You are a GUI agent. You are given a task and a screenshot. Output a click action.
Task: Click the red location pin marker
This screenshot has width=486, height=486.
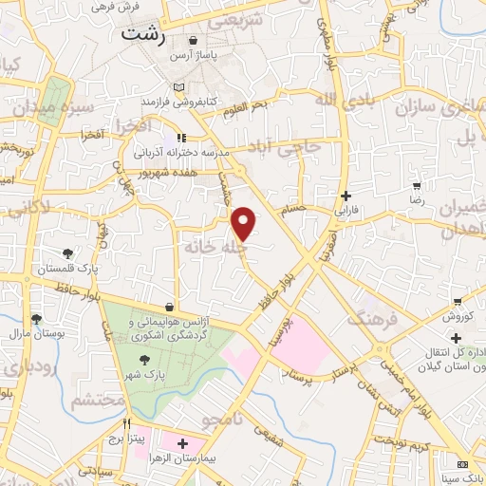pyautogui.click(x=245, y=222)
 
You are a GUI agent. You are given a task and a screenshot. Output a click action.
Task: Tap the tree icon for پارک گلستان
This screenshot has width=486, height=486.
pyautogui.click(x=67, y=253)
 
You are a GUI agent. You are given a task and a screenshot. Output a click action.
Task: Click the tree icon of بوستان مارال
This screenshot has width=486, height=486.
pyautogui.click(x=37, y=320)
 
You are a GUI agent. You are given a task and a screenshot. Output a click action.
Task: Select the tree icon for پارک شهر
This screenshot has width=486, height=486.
pyautogui.click(x=145, y=360)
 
